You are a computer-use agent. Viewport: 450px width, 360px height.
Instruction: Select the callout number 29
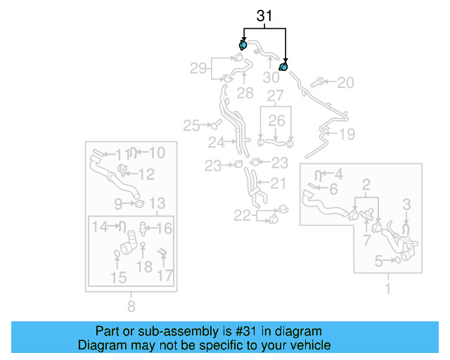pyautogui.click(x=199, y=68)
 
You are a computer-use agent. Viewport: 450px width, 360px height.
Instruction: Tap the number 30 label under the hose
pyautogui.click(x=271, y=78)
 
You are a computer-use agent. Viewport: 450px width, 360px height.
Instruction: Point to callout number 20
pyautogui.click(x=345, y=83)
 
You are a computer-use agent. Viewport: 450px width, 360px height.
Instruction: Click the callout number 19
pyautogui.click(x=347, y=134)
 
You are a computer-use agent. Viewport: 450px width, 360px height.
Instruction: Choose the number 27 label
pyautogui.click(x=275, y=95)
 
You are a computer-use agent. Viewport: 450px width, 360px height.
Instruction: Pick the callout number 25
pyautogui.click(x=191, y=126)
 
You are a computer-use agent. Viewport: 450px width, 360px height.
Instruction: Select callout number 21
pyautogui.click(x=278, y=184)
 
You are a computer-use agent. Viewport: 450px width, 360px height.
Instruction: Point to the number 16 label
pyautogui.click(x=163, y=228)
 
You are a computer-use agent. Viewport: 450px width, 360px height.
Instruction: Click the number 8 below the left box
pyautogui.click(x=131, y=306)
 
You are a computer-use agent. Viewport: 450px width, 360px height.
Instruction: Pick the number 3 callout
pyautogui.click(x=406, y=205)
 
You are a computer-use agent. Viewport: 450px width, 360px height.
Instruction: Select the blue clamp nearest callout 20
pyautogui.click(x=284, y=67)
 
